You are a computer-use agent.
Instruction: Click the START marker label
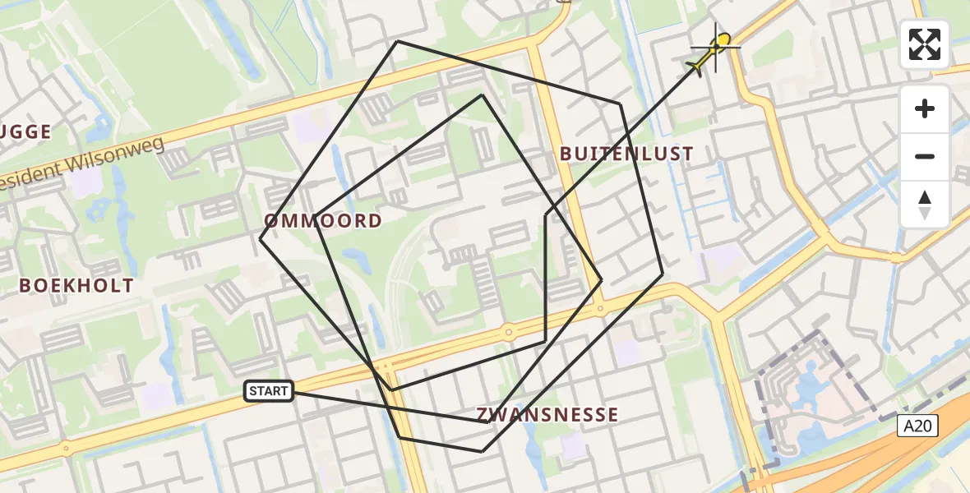(x=269, y=391)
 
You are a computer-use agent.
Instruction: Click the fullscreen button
(x=925, y=44)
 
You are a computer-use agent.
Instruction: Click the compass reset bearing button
(x=925, y=205)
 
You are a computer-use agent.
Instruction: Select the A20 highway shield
(x=917, y=425)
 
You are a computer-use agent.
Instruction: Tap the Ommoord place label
(x=323, y=220)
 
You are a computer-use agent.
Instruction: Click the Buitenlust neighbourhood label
(x=626, y=154)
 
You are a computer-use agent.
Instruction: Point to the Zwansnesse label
(x=547, y=415)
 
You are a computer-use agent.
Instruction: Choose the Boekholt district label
(x=76, y=286)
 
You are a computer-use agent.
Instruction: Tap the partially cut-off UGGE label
(x=26, y=131)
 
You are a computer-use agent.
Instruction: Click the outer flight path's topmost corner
(x=397, y=41)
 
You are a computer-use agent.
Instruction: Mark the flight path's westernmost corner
(x=261, y=239)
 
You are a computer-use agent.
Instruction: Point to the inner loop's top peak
(x=483, y=95)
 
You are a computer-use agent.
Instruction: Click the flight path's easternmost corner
(x=663, y=274)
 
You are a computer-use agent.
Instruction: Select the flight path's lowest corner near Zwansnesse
(x=482, y=451)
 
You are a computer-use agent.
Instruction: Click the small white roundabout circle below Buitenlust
(x=601, y=310)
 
